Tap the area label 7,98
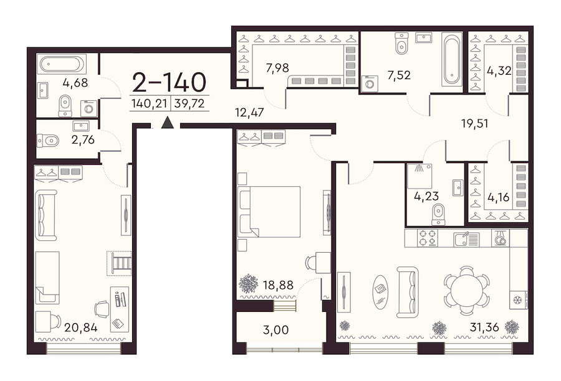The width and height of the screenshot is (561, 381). point(277,67)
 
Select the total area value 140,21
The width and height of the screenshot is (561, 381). point(149,103)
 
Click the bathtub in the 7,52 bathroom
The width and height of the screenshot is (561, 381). point(452,59)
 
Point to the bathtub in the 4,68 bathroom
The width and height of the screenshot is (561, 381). point(62,64)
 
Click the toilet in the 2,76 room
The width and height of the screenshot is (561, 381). point(48,141)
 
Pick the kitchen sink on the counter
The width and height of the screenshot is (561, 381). point(466,239)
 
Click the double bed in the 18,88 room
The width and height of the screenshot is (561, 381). point(269,212)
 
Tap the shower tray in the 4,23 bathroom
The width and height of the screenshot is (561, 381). point(420,176)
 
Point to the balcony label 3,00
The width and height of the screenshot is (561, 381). point(276,329)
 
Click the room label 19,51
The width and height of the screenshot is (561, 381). point(475,124)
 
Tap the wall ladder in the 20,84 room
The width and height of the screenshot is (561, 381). point(119,263)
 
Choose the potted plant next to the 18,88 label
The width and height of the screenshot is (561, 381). point(248,284)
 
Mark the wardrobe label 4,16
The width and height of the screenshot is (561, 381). point(499,197)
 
